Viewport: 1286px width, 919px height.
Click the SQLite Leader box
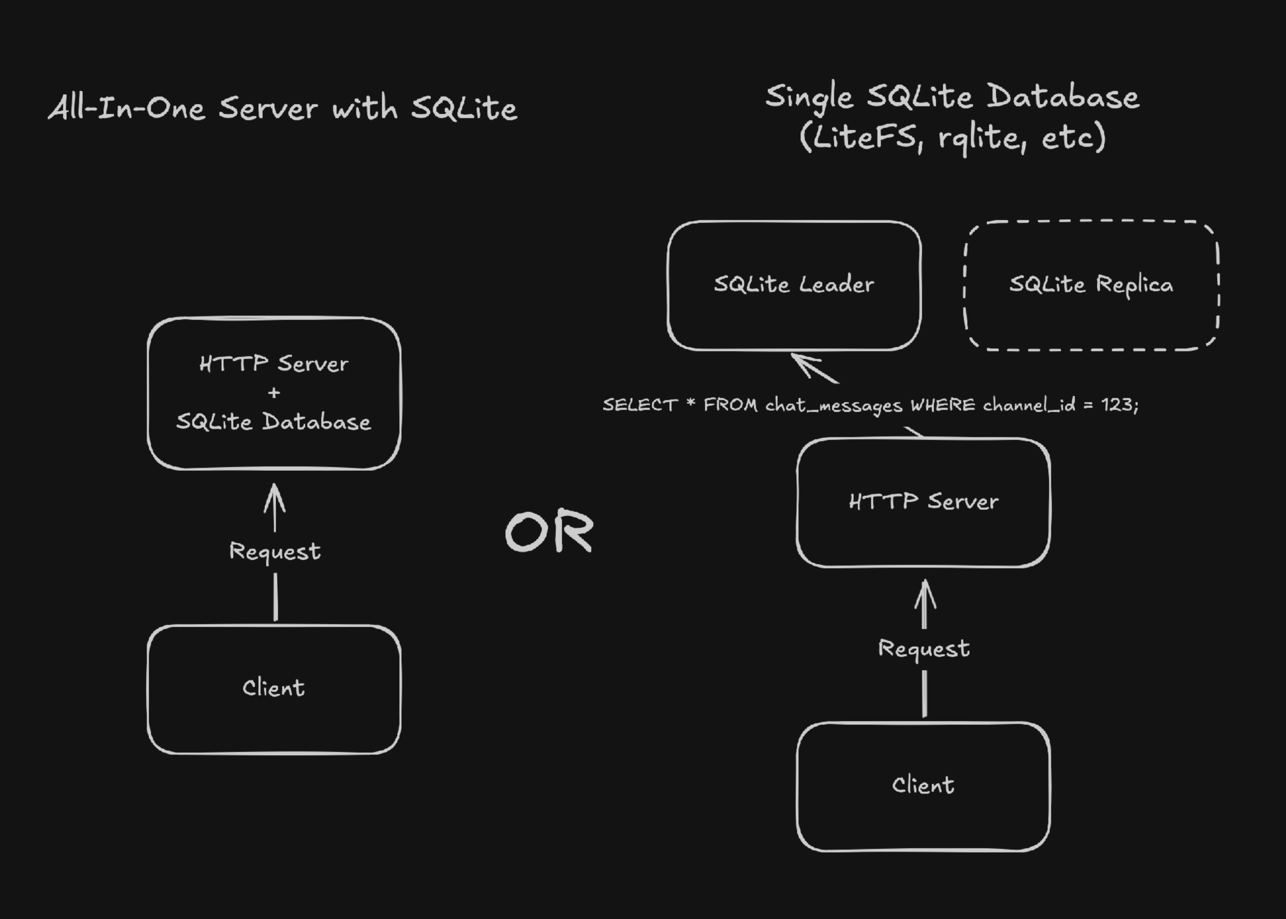coord(794,285)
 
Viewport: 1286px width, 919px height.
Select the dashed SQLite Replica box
coord(1091,285)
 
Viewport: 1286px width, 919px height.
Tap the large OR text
coord(549,531)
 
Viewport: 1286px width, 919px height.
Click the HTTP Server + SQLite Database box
coord(274,393)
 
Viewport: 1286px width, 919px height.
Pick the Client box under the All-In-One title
coord(274,688)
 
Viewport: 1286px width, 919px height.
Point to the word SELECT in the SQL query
coord(639,405)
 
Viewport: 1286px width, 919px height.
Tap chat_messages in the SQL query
coord(833,405)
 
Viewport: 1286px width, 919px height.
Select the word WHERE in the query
coord(942,405)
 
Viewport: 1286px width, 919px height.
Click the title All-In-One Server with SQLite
coord(283,108)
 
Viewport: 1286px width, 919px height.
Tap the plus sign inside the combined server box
coord(274,392)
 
